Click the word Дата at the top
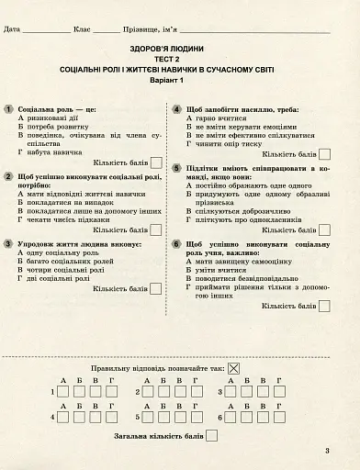click(12, 30)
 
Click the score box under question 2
click(155, 229)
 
